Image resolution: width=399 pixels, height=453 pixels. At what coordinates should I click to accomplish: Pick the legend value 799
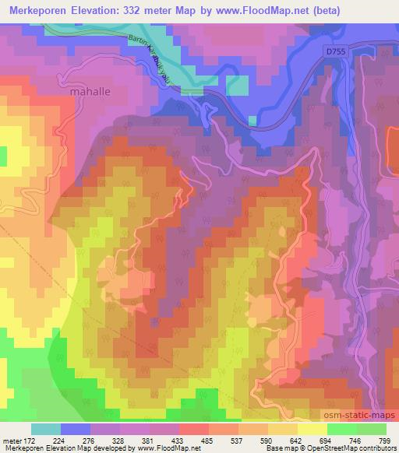point(383,440)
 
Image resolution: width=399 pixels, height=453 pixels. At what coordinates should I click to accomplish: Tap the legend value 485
point(206,440)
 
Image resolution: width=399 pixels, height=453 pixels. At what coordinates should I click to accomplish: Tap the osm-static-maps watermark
point(359,417)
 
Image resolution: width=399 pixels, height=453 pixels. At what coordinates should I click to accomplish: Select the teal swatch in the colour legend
point(46,429)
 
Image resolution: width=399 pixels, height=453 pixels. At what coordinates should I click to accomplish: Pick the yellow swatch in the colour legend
point(312,429)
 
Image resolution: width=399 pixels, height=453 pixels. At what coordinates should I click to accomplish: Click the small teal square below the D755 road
point(252,121)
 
